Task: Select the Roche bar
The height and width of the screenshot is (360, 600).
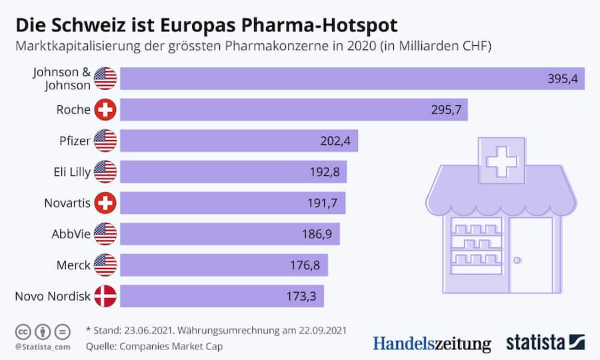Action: (x=293, y=110)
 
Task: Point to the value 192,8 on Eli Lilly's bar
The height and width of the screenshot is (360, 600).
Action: (x=325, y=172)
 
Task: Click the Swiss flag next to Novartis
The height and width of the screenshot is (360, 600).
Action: (x=105, y=203)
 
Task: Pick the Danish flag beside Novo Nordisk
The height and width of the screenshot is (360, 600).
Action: (x=105, y=296)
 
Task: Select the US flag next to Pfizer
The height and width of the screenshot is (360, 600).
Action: (x=105, y=141)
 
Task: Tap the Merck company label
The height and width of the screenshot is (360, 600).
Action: (x=73, y=265)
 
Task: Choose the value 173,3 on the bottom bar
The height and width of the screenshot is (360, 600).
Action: (x=301, y=296)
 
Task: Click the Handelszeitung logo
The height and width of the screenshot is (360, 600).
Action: (x=431, y=343)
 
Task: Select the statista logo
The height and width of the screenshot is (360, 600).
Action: (x=543, y=343)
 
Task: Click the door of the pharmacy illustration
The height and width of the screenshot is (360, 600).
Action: (x=531, y=255)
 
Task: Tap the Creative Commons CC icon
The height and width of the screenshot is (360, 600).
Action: (x=23, y=331)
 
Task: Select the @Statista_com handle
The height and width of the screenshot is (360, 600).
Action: (x=41, y=347)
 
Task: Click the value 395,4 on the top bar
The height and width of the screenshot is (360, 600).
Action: (x=561, y=79)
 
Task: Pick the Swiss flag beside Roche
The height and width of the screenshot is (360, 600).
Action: (x=105, y=110)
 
